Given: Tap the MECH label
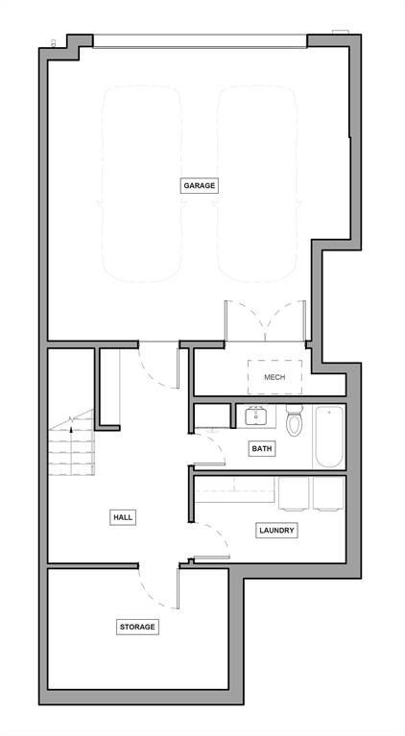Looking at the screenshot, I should coord(274,377).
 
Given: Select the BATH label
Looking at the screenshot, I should coord(262,448).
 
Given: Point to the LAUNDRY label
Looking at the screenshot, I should coord(276,530).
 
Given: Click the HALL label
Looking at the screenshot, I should coord(123,517).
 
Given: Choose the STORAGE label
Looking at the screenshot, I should coord(137,627).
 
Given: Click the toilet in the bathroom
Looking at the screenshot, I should coord(294,422).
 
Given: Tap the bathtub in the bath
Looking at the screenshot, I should coord(328,437).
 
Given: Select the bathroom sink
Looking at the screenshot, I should coord(255,417).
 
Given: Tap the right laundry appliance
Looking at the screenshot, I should coord(326,493).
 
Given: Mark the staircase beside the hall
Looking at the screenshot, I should coord(73,445).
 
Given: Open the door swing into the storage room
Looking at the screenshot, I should coord(159,587).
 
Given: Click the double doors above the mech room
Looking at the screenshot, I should coord(265,321).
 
